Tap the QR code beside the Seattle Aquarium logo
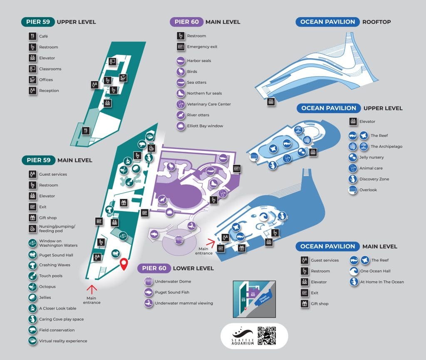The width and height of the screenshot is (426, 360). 267,336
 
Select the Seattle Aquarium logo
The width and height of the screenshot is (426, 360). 242,336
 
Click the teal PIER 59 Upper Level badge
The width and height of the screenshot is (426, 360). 38,22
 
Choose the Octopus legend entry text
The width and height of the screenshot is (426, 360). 47,287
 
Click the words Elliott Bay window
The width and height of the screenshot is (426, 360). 205,126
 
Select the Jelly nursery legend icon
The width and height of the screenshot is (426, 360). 353,157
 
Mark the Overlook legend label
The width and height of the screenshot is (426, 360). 368,190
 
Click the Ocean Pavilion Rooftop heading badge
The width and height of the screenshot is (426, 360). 327,22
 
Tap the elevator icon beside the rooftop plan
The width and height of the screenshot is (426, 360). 271,101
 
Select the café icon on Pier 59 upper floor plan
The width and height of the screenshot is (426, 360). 86,131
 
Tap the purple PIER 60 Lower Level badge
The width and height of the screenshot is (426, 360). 154,268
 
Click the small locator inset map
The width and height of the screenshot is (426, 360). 254,299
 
